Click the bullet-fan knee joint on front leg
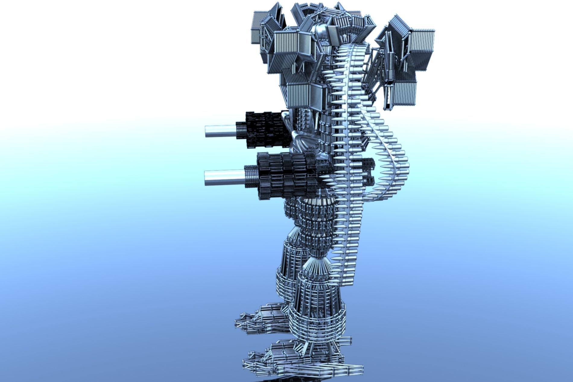click(315, 265)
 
